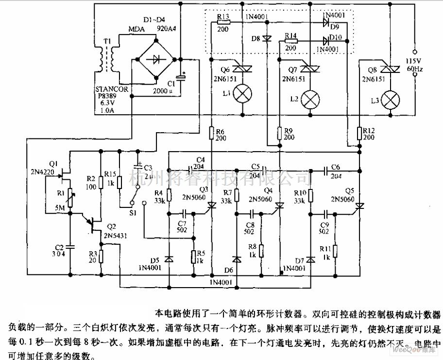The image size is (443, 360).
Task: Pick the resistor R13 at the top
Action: (x=223, y=22)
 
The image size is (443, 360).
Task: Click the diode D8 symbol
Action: (x=267, y=38)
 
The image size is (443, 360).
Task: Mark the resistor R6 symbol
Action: (x=212, y=131)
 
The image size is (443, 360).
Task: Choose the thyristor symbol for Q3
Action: (x=211, y=206)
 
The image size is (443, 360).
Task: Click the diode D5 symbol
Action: (x=169, y=258)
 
